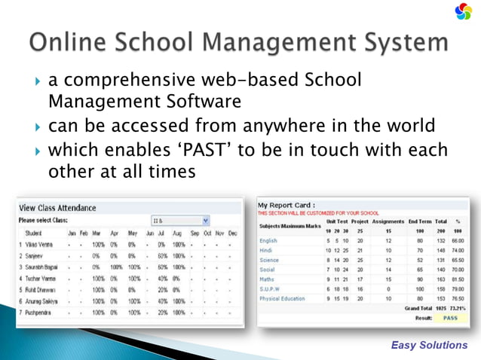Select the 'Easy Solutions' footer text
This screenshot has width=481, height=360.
click(429, 345)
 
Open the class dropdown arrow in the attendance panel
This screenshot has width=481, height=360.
click(205, 221)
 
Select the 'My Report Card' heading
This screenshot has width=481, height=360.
click(287, 205)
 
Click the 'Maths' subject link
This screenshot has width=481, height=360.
click(268, 279)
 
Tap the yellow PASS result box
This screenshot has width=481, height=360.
click(450, 318)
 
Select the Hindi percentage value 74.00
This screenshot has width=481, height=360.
click(456, 250)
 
